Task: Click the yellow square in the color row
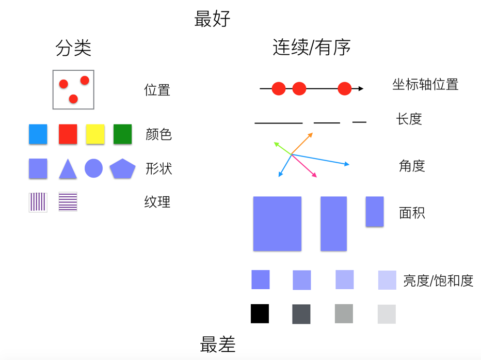point(95,134)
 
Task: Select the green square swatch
point(123,134)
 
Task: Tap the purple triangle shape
point(68,169)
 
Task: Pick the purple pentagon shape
point(122,169)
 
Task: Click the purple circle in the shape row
point(93,168)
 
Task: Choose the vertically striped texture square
point(38,202)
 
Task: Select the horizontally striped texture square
point(68,202)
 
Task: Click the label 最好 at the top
point(212,19)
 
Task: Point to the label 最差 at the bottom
point(217,344)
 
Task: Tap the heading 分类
point(73,48)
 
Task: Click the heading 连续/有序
point(311,48)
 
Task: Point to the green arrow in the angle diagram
point(282,148)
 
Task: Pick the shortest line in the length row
point(359,122)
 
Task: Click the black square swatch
point(260,314)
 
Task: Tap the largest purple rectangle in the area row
point(277,224)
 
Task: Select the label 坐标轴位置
point(425,84)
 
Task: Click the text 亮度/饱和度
point(438,280)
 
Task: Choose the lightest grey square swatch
point(387,314)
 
